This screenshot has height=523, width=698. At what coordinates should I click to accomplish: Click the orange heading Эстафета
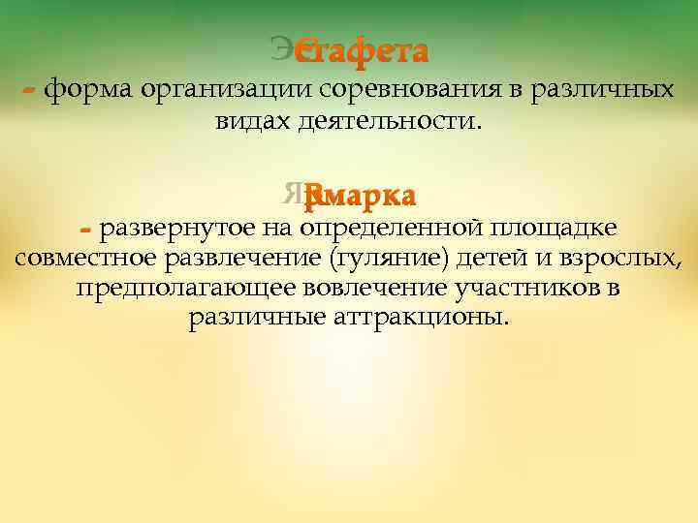pyautogui.click(x=362, y=48)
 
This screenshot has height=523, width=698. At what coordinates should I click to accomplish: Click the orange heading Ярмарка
pyautogui.click(x=359, y=197)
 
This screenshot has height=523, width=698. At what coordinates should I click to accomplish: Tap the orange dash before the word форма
pyautogui.click(x=29, y=90)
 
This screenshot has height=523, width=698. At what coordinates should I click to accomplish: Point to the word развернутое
pyautogui.click(x=177, y=230)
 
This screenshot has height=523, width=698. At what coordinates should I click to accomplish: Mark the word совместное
pyautogui.click(x=85, y=259)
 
